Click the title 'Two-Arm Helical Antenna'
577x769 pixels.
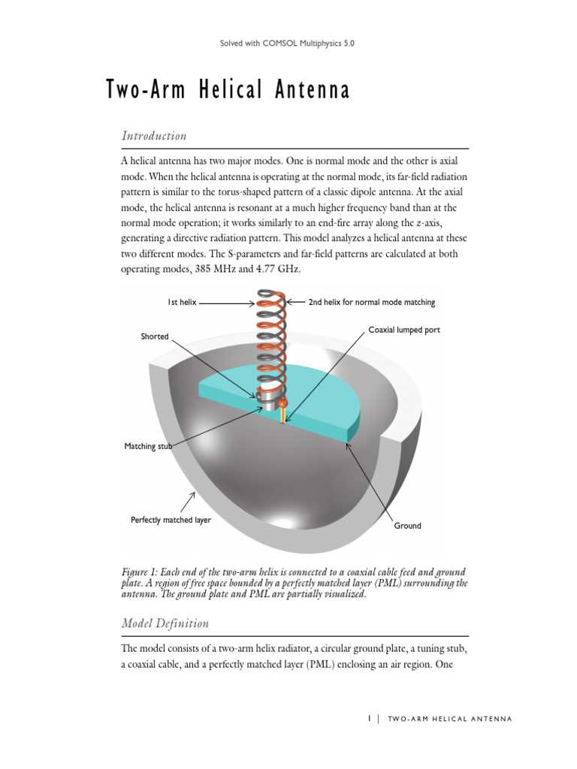(228, 91)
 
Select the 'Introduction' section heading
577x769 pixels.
(153, 136)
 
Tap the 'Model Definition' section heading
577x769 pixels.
(165, 623)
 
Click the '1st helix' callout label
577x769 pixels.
(182, 302)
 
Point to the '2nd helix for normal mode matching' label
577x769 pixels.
(371, 302)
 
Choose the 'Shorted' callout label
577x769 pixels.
(155, 336)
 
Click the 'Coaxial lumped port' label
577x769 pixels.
(404, 330)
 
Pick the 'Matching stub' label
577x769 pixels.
(148, 447)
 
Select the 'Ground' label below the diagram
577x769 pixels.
(407, 526)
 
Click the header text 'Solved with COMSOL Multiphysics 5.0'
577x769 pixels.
(287, 44)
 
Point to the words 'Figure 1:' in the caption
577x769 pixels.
(143, 572)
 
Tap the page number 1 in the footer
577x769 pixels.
(370, 719)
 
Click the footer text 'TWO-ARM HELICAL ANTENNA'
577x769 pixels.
(449, 719)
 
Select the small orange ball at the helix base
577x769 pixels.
(283, 404)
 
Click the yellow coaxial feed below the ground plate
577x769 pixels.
(282, 416)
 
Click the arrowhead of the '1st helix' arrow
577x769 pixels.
(253, 303)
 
